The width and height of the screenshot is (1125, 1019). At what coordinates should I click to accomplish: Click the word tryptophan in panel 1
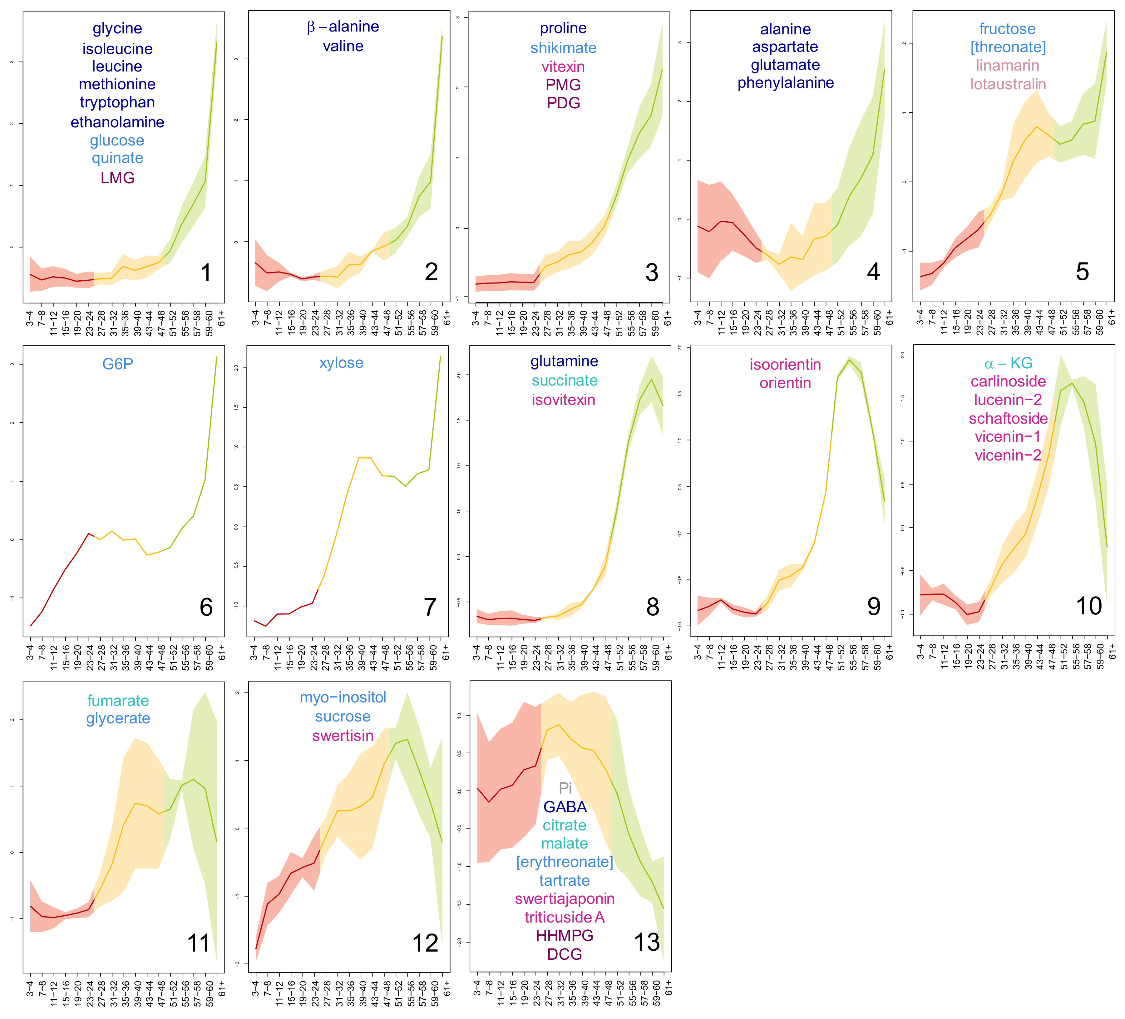point(117,103)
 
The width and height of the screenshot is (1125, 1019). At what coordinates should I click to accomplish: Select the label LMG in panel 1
point(117,178)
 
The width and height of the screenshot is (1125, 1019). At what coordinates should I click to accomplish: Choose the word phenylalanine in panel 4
point(785,83)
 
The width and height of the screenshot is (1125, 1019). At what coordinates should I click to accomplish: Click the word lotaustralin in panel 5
point(1008,84)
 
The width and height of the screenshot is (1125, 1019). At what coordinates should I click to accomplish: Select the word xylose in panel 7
point(341,363)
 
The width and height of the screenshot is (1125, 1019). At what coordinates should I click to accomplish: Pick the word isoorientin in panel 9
point(785,365)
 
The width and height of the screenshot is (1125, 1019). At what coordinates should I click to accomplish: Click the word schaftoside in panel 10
point(1008,419)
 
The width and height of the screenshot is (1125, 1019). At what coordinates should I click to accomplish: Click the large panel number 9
point(873,607)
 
